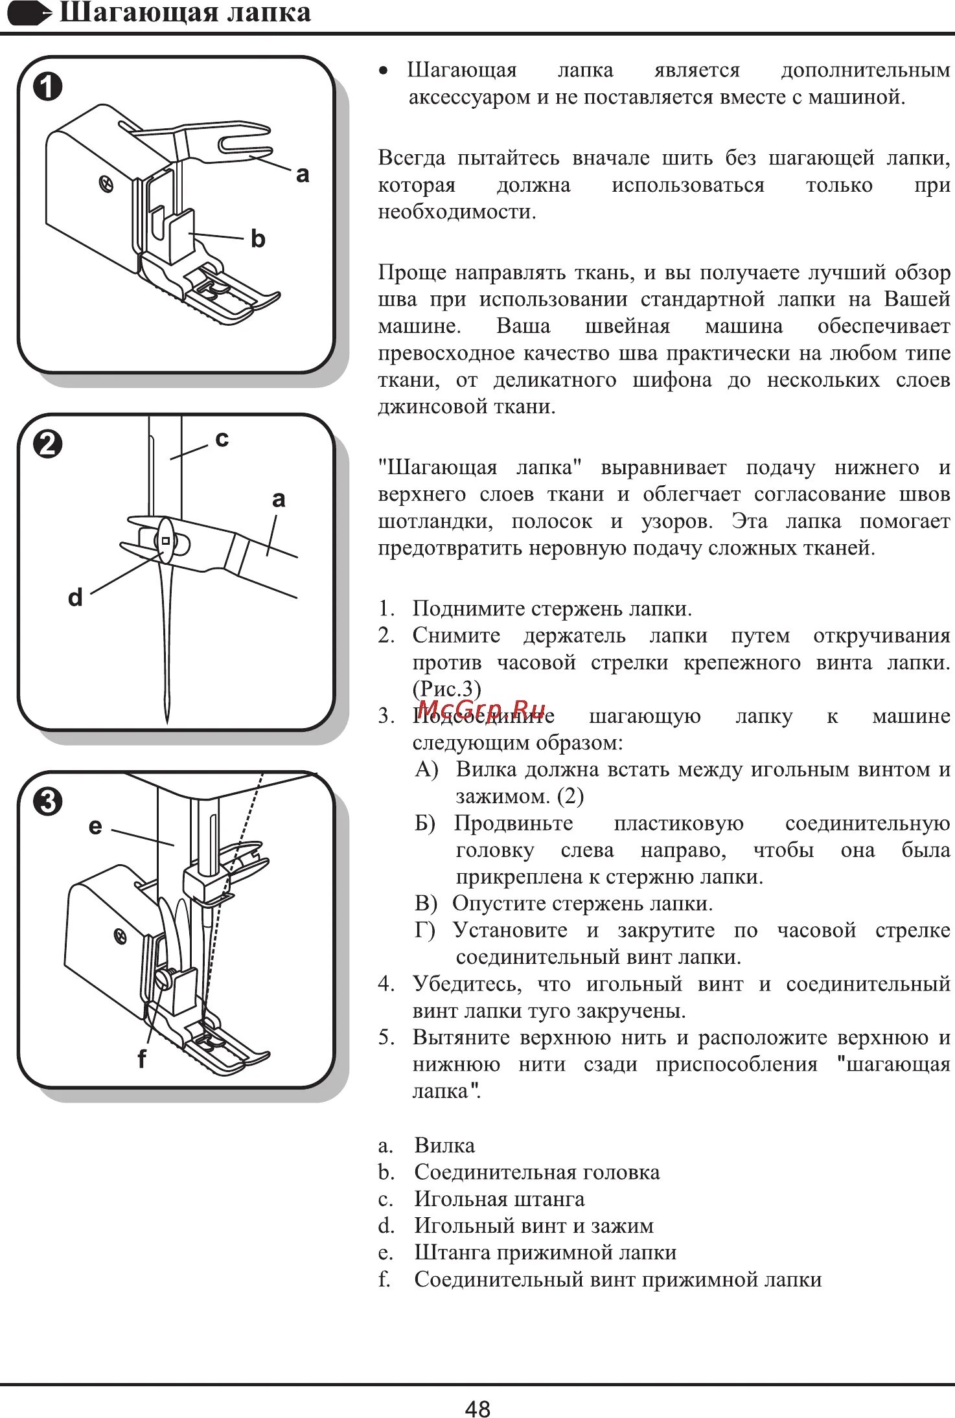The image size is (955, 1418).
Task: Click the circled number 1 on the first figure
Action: (x=48, y=87)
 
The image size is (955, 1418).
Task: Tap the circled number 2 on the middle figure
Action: (x=48, y=444)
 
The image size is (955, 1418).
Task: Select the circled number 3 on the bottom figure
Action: (x=48, y=802)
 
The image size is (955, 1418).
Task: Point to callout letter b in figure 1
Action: (x=258, y=239)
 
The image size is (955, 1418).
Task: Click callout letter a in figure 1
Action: (x=302, y=174)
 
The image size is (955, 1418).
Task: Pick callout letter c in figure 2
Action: (x=222, y=439)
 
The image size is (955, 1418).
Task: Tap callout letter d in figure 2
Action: (x=75, y=597)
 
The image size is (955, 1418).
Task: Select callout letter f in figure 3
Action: (x=141, y=1058)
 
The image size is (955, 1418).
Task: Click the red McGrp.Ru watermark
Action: (x=481, y=710)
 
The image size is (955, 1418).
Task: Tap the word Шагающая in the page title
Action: (x=128, y=13)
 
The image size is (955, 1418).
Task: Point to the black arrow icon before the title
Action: (x=29, y=13)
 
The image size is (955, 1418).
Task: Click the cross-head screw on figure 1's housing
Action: (x=106, y=185)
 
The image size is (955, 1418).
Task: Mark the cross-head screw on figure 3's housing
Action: (x=120, y=936)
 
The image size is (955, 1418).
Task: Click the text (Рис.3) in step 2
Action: (x=446, y=688)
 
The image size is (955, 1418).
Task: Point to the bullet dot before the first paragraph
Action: (x=384, y=71)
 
